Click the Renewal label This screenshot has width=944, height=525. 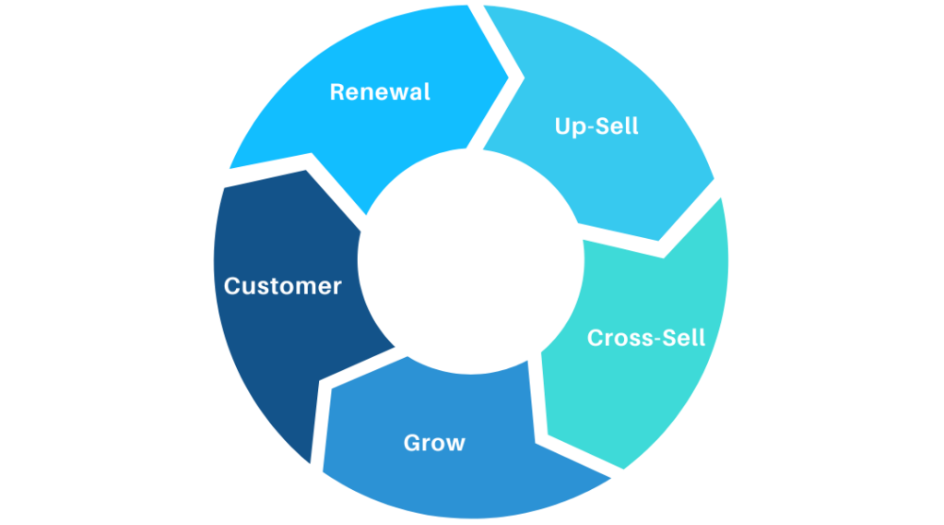click(x=380, y=92)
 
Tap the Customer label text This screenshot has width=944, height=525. click(x=282, y=286)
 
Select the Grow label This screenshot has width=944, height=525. click(x=434, y=443)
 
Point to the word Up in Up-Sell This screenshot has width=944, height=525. click(x=568, y=126)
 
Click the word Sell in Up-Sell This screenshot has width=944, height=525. click(x=616, y=125)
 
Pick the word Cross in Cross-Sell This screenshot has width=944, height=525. click(x=617, y=338)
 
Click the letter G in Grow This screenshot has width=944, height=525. click(x=412, y=443)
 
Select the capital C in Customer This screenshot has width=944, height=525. click(x=232, y=286)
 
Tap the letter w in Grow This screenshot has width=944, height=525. click(x=455, y=444)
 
